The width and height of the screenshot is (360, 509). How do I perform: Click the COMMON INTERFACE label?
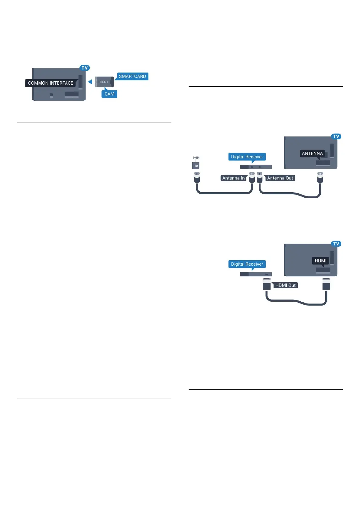(50, 83)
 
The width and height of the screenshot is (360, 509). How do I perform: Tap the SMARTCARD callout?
(132, 76)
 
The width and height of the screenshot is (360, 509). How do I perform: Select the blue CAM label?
(109, 94)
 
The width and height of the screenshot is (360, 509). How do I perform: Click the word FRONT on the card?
(103, 82)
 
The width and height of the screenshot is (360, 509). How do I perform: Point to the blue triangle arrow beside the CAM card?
(90, 82)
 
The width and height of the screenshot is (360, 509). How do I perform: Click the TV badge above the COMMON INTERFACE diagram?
(85, 68)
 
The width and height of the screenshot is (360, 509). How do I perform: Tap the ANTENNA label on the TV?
(312, 154)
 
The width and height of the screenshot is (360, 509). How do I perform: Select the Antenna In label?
(233, 178)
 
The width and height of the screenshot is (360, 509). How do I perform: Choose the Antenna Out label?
(280, 178)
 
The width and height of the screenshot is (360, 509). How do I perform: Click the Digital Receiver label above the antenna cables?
(247, 157)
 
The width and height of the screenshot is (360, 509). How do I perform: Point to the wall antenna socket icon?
(196, 165)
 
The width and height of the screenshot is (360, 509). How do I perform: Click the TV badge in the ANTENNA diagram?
(336, 137)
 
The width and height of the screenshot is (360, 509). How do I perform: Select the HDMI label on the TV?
(320, 261)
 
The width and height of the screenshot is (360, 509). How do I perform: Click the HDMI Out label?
(285, 285)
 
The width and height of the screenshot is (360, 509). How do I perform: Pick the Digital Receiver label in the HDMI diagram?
(247, 264)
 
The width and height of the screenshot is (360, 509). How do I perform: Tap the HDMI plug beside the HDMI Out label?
(266, 284)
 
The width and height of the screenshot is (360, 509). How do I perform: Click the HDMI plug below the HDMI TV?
(326, 284)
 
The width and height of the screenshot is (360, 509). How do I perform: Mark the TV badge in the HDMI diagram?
(336, 244)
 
